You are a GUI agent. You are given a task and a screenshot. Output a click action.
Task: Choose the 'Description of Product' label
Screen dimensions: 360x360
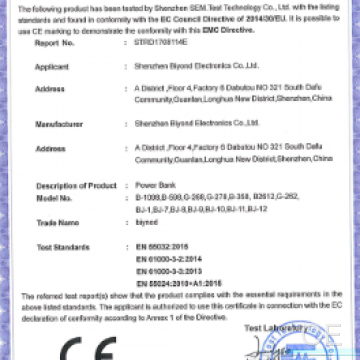73,187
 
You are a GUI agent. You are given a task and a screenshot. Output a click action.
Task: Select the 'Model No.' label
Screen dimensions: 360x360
51,198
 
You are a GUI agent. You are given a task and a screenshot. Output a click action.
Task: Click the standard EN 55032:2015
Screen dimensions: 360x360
170,245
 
